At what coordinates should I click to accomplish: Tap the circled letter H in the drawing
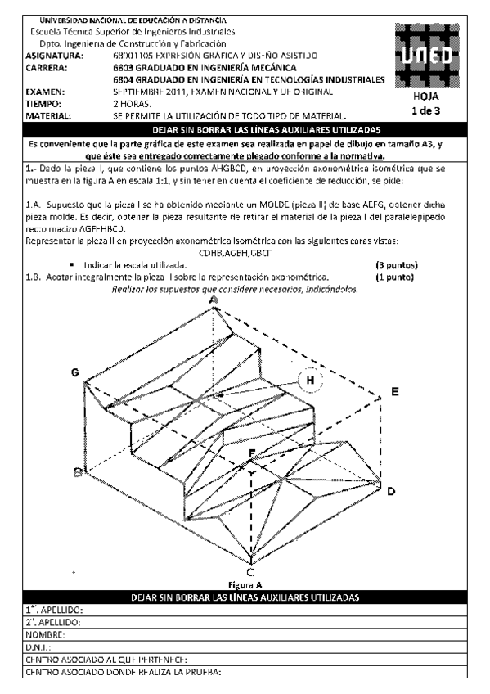pyautogui.click(x=310, y=380)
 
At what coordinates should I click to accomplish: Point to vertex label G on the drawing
pyautogui.click(x=75, y=373)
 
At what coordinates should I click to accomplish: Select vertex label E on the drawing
pyautogui.click(x=395, y=392)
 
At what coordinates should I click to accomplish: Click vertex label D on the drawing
pyautogui.click(x=391, y=491)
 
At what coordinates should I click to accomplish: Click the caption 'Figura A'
pyautogui.click(x=248, y=585)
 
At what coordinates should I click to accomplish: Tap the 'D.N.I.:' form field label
pyautogui.click(x=37, y=646)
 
